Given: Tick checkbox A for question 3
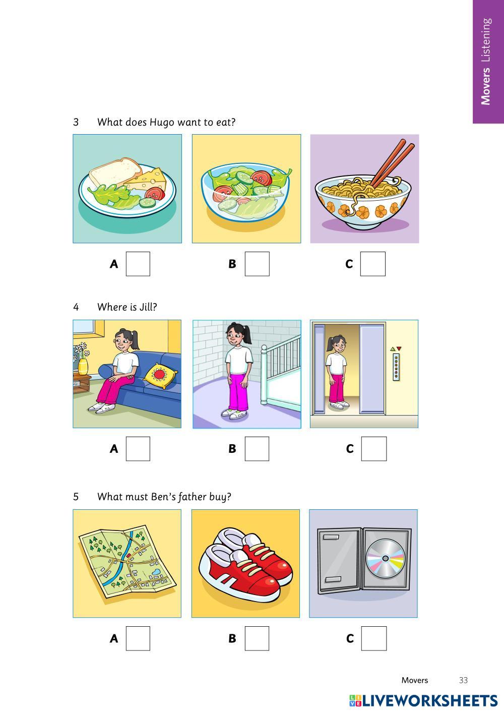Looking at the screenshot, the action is coord(138,264).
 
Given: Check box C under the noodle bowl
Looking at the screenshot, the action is coord(372,264).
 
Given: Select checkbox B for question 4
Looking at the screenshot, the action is coord(257,448).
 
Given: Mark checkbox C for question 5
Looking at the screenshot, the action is coord(374,638).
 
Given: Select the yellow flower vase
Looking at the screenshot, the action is coord(83,367).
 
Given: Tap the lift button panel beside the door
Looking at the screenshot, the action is coord(396,368).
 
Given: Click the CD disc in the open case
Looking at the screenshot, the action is coord(386,559).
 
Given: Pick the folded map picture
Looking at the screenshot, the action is coord(127,562).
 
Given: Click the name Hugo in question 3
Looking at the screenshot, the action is coord(162,122).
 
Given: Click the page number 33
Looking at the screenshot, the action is coord(463,680).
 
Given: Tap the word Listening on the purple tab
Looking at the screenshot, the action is coord(486,40).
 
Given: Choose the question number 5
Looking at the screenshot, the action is coord(76,497).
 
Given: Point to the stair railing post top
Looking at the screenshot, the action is coord(264,348).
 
